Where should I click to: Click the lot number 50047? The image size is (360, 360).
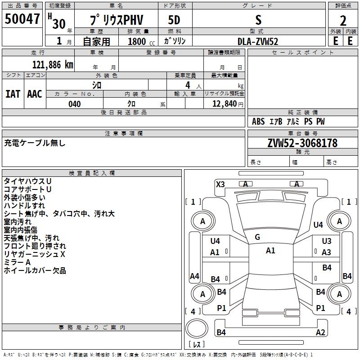22,19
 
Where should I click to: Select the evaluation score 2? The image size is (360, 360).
343,20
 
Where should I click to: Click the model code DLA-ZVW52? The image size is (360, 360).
258,41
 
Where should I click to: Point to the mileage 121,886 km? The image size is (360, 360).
53,64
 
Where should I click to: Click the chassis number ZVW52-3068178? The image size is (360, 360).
302,143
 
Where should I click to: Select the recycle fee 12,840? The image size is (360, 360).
224,104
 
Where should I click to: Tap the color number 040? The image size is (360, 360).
74,104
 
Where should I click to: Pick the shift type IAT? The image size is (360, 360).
13,94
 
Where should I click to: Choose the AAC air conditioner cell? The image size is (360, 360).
35,94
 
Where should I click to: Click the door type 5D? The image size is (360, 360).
174,20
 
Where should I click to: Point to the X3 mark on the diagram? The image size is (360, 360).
220,184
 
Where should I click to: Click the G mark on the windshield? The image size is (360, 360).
257,237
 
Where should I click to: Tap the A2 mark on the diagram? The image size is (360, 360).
320,333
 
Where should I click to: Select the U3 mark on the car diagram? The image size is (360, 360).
327,241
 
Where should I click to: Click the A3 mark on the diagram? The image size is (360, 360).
326,252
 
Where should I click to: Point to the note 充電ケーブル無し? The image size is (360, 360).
35,143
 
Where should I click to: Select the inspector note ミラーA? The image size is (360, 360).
17,262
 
